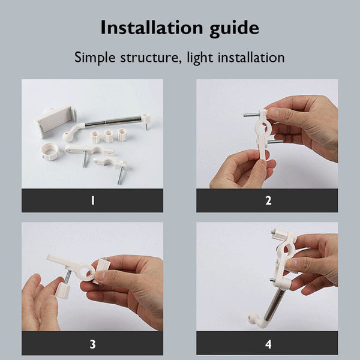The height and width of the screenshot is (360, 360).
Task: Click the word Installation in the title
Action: pos(152,28)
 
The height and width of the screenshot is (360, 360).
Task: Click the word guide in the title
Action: pos(235,29)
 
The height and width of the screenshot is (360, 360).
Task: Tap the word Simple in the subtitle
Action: pos(95,58)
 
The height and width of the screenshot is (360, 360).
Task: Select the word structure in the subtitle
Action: pos(149,58)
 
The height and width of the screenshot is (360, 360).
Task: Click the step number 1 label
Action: pos(92,200)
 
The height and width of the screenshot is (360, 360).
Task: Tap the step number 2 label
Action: pos(268,200)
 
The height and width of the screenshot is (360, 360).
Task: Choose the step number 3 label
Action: pos(92,344)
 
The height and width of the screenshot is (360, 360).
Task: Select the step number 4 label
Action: pos(268,344)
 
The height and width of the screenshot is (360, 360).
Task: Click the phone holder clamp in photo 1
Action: pos(55,121)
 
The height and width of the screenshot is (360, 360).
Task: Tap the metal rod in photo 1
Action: pos(113,121)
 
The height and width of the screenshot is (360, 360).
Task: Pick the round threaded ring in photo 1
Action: pos(50,151)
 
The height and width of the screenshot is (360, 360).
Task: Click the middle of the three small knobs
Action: pos(109,136)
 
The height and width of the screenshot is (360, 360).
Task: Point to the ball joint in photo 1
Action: pos(68,137)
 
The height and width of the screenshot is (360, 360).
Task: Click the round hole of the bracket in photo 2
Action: pos(264,127)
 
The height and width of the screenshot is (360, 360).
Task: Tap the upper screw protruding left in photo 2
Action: pos(251,114)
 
